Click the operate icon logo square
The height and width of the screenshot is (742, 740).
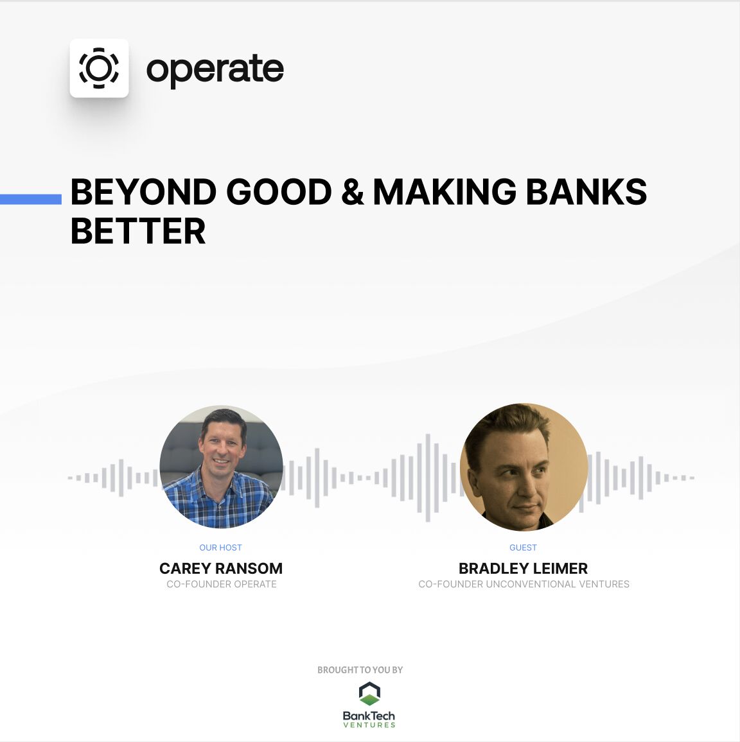pyautogui.click(x=99, y=68)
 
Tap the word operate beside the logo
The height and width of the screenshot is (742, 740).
pyautogui.click(x=215, y=69)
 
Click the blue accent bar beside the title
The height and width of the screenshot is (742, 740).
pyautogui.click(x=31, y=200)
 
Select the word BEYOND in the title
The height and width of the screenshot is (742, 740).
pyautogui.click(x=143, y=192)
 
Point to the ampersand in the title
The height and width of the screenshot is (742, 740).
pyautogui.click(x=352, y=192)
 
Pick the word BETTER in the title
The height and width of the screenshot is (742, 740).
pyautogui.click(x=138, y=231)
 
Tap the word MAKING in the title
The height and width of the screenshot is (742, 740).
pyautogui.click(x=445, y=192)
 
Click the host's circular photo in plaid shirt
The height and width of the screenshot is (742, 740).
pyautogui.click(x=221, y=467)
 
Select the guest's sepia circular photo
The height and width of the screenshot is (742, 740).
pyautogui.click(x=524, y=467)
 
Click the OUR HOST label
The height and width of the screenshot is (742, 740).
pyautogui.click(x=220, y=548)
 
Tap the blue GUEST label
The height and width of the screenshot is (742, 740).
pyautogui.click(x=523, y=548)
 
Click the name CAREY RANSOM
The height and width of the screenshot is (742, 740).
pyautogui.click(x=221, y=568)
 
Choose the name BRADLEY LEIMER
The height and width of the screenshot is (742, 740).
pyautogui.click(x=523, y=568)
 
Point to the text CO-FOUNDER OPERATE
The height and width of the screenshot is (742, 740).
pyautogui.click(x=222, y=584)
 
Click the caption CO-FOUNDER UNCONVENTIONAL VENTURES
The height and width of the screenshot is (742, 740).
pyautogui.click(x=524, y=584)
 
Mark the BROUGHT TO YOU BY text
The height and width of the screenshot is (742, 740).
pyautogui.click(x=360, y=669)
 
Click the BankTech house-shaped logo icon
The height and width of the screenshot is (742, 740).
pyautogui.click(x=369, y=694)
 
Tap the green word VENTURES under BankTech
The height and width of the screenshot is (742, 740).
pyautogui.click(x=369, y=725)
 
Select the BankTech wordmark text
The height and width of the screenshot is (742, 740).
pyautogui.click(x=369, y=715)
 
